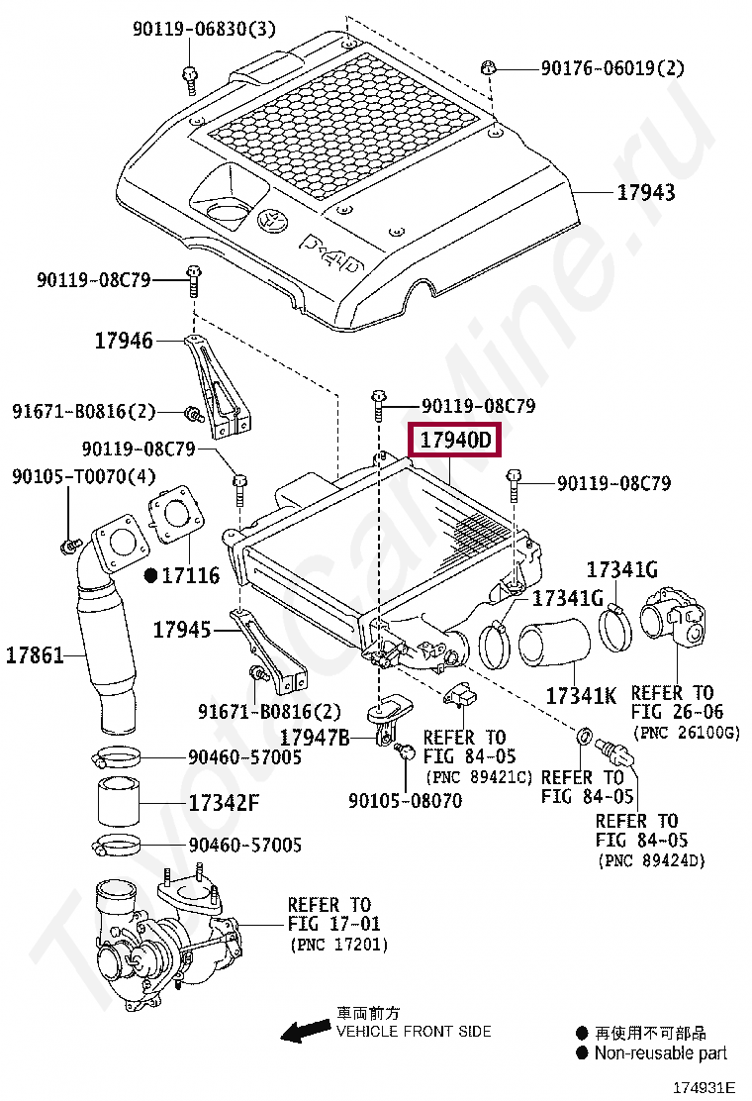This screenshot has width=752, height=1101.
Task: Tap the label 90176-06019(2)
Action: [x=611, y=68]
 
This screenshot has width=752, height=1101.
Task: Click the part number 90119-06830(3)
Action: [x=204, y=30]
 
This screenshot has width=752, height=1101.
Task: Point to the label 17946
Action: [x=124, y=341]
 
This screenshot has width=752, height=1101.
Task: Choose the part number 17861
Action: [x=35, y=654]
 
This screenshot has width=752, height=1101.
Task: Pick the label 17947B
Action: [x=314, y=737]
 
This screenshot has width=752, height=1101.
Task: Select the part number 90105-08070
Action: [x=405, y=800]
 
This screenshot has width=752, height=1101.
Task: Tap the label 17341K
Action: [x=581, y=695]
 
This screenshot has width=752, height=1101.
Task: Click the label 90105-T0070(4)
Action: [x=84, y=476]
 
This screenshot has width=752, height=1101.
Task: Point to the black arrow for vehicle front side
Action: [x=305, y=1033]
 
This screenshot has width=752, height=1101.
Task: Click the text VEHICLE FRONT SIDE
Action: [x=414, y=1032]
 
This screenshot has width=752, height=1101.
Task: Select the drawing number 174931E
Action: [x=704, y=1086]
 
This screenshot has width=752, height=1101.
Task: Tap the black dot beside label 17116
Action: [x=150, y=574]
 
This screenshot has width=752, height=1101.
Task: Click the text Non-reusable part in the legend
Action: [x=660, y=1052]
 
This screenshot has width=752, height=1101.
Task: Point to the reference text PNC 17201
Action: [x=339, y=946]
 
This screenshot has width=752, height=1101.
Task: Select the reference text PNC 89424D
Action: [x=650, y=860]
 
